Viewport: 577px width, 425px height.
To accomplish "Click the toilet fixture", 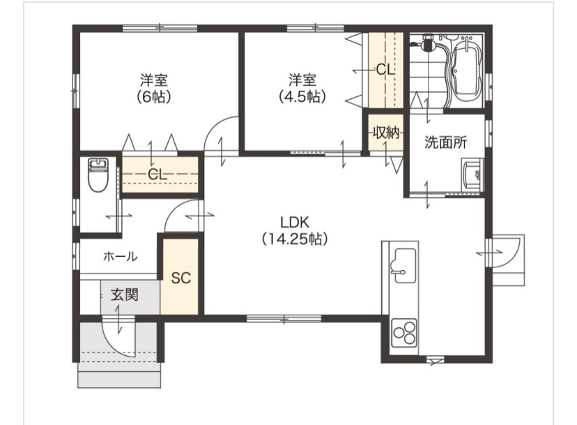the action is pyautogui.click(x=98, y=174).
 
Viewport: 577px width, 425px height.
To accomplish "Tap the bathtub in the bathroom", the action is pyautogui.click(x=466, y=69).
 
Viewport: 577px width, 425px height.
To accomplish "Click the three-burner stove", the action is pyautogui.click(x=404, y=333).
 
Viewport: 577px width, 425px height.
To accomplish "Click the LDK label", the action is pyautogui.click(x=295, y=223).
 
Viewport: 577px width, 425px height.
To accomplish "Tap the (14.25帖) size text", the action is pyautogui.click(x=295, y=239).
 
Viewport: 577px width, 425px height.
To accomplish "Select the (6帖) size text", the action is pyautogui.click(x=153, y=96).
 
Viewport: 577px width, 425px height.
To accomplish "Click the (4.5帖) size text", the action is pyautogui.click(x=302, y=96).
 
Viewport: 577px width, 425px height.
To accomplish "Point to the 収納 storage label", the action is pyautogui.click(x=385, y=132).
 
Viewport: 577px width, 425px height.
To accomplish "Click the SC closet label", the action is pyautogui.click(x=181, y=278).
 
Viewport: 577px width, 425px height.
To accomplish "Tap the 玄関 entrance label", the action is pyautogui.click(x=125, y=294).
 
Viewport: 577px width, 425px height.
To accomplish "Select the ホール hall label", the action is pyautogui.click(x=121, y=256).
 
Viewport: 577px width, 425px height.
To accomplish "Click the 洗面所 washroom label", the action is pyautogui.click(x=445, y=142).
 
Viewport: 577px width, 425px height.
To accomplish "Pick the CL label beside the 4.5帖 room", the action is pyautogui.click(x=385, y=70).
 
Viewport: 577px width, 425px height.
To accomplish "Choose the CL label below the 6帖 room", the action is pyautogui.click(x=157, y=174).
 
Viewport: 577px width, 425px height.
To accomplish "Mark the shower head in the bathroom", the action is pyautogui.click(x=427, y=43).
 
